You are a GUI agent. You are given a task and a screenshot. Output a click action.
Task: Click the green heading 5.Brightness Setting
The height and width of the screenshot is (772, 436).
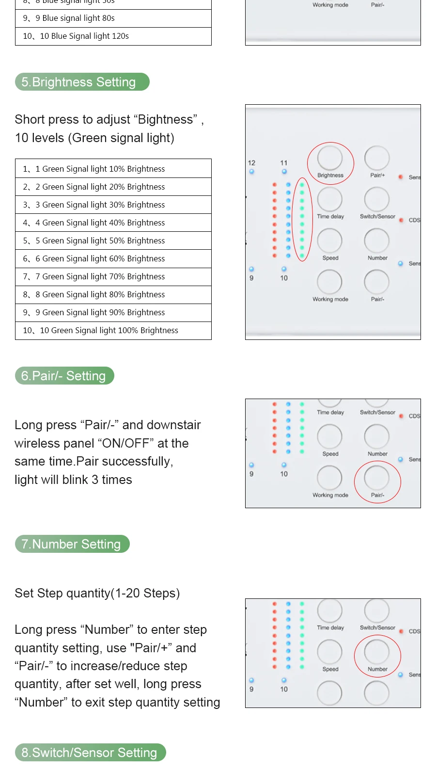coord(82,82)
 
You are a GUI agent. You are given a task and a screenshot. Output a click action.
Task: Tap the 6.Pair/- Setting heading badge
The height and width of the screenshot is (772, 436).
coord(64,376)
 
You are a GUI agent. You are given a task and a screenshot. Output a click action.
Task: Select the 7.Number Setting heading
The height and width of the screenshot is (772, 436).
coord(72,544)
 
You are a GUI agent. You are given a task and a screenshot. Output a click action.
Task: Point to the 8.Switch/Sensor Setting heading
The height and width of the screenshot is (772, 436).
coord(90,753)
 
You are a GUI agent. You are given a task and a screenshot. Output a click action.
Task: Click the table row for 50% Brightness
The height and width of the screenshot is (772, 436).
coord(113,241)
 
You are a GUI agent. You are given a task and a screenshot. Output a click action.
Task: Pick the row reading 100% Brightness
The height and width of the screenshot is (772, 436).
coord(113,331)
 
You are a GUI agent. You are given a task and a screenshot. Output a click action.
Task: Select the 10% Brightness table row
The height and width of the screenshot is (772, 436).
coord(113,169)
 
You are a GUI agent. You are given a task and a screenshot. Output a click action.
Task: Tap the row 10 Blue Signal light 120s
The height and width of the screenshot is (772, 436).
coord(113,36)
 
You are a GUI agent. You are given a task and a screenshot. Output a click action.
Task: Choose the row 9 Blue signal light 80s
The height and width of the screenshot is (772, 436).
coord(113,18)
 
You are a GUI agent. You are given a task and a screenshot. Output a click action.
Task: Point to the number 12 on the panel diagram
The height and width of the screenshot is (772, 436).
coord(251,163)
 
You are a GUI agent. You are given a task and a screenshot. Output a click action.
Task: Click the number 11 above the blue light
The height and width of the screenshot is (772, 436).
coord(284,163)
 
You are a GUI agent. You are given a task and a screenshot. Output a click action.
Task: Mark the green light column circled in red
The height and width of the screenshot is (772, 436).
coord(302,219)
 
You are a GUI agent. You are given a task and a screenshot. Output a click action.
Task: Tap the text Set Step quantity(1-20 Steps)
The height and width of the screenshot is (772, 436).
coord(97,593)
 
